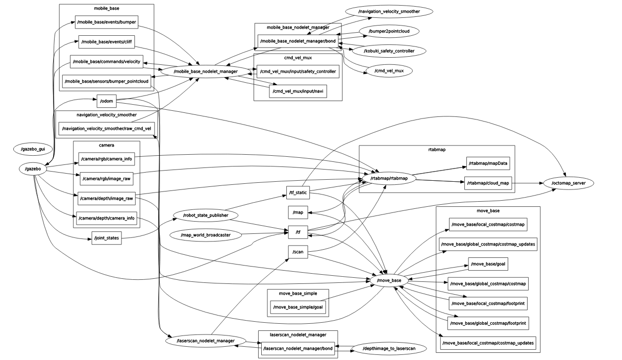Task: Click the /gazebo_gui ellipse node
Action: [33, 149]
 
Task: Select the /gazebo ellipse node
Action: [33, 168]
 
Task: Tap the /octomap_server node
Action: [568, 183]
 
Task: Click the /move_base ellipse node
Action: [389, 280]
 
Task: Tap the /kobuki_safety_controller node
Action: [389, 51]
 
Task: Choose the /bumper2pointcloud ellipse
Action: [389, 31]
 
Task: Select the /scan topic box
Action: [298, 252]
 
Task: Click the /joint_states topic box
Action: [107, 237]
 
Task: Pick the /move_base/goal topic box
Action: [488, 263]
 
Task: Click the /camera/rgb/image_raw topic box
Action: [107, 178]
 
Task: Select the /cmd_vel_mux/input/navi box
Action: [298, 91]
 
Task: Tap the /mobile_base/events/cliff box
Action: [107, 42]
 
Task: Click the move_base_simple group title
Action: [298, 294]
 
